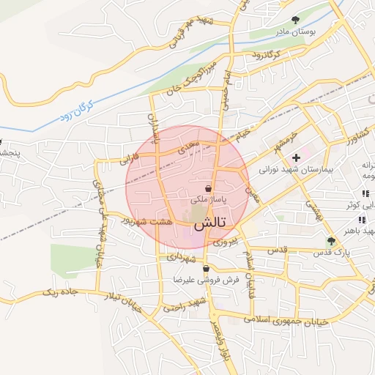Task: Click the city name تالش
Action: point(212,220)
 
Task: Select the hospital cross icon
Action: point(296,157)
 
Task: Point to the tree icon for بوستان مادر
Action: point(295,20)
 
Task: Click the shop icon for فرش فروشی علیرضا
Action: point(207,269)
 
